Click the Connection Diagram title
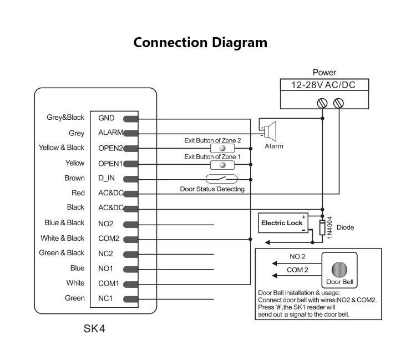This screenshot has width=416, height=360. tap(200, 43)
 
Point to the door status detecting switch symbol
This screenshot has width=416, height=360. tap(221, 179)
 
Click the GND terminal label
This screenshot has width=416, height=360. tap(106, 118)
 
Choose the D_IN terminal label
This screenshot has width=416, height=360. tap(106, 179)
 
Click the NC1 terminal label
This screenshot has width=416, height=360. tap(105, 298)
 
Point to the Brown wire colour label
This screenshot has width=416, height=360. tap(75, 178)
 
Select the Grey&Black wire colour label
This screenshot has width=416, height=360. tap(66, 118)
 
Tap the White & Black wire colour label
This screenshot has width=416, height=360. tap(63, 238)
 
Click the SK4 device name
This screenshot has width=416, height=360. tap(94, 328)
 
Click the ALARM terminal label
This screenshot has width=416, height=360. tap(110, 133)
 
